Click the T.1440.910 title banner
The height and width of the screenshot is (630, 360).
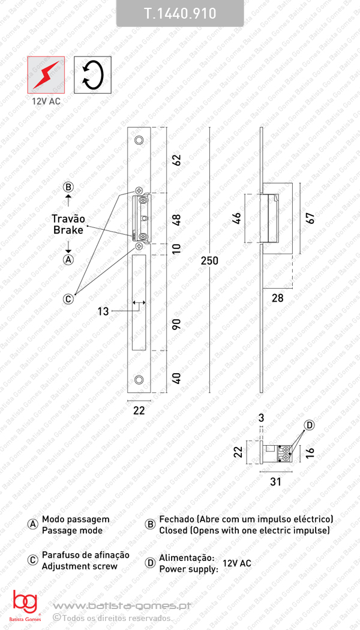(180, 13)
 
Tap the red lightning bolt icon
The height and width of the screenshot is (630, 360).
(46, 74)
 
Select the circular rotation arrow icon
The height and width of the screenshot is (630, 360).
(92, 74)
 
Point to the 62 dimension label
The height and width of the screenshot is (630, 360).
(176, 160)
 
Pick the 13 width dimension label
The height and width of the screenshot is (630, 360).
(103, 311)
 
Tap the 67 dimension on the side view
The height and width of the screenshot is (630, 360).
(310, 217)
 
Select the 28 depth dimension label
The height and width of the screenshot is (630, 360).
(277, 298)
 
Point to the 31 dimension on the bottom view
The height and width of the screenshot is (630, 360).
(275, 481)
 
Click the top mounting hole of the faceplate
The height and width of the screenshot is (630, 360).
(139, 140)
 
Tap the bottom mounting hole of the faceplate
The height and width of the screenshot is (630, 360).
(139, 380)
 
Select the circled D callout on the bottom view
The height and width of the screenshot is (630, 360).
(310, 425)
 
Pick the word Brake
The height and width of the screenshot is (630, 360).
(68, 230)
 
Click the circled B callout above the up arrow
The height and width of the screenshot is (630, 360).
(68, 187)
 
